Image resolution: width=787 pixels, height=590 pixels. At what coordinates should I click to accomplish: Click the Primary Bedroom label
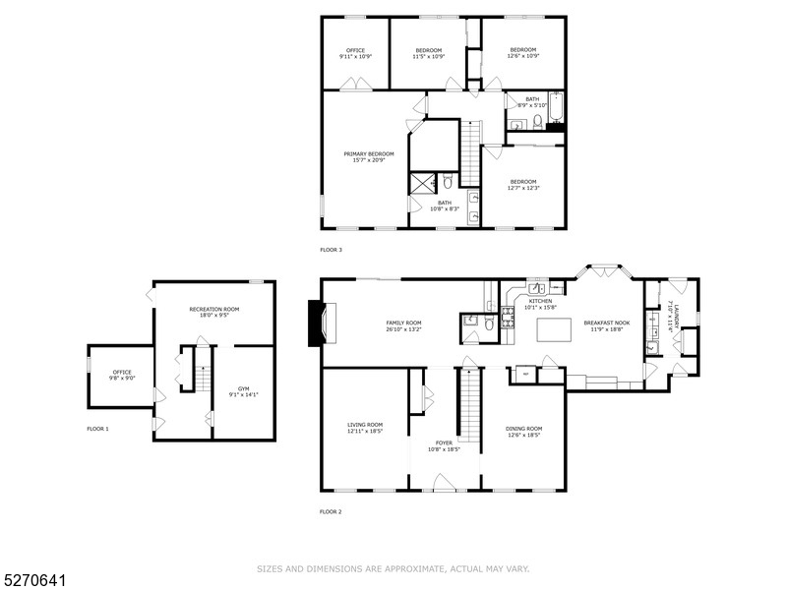coord(369,157)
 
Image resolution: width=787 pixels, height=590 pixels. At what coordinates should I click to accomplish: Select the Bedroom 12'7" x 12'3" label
coord(523,185)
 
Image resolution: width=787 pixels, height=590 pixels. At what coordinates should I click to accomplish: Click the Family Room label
coord(403,326)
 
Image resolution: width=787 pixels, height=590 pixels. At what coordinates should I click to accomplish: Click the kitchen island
coord(553,330)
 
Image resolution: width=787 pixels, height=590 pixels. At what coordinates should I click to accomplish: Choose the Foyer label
coord(445,446)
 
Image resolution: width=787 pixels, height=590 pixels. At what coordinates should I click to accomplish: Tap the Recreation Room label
coord(214,313)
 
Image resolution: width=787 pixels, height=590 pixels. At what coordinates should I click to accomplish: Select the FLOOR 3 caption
coord(332,250)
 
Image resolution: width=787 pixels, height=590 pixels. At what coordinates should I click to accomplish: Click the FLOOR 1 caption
coord(98,429)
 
